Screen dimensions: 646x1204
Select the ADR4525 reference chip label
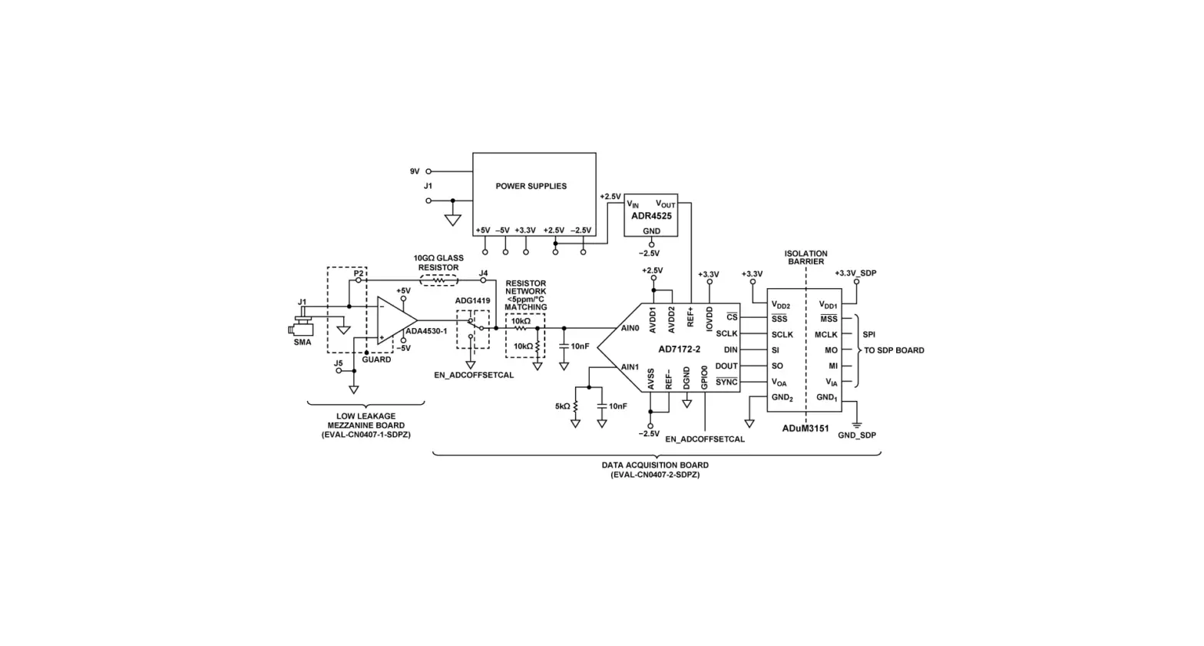click(651, 217)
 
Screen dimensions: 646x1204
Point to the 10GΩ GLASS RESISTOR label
click(438, 263)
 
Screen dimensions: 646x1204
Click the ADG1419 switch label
click(472, 301)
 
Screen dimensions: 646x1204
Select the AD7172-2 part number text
click(679, 350)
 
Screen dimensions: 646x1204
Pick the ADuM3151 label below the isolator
click(805, 429)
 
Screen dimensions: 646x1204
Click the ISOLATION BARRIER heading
click(805, 257)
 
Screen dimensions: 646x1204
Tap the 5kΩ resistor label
click(562, 406)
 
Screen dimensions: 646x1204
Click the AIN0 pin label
click(630, 329)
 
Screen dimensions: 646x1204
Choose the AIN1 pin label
click(630, 367)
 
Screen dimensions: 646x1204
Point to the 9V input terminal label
click(415, 171)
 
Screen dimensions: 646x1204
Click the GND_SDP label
click(857, 436)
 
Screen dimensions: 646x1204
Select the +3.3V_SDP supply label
click(855, 273)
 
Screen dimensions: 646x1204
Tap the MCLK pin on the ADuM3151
click(825, 335)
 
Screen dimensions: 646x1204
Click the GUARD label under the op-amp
click(376, 359)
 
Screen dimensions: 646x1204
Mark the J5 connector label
click(338, 363)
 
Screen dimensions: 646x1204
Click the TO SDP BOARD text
click(894, 350)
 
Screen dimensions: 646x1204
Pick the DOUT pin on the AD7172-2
click(726, 366)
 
